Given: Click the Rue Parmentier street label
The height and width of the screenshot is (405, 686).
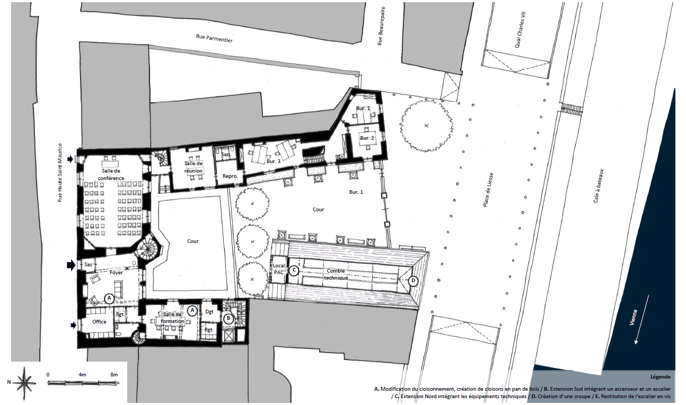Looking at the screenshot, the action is coord(214,38).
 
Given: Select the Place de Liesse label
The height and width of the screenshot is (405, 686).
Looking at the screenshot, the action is coord(488,190).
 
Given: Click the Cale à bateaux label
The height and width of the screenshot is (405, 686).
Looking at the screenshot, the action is coord(598,186).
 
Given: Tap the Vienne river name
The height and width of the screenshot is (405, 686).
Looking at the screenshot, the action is coord(634,317).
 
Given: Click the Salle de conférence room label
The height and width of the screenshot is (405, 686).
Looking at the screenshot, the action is coord(111,174).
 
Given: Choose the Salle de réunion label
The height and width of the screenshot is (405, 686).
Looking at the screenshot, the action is coord(194,167).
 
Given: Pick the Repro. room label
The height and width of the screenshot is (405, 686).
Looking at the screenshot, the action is coord(230,176).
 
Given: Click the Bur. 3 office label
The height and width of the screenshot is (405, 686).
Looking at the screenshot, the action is coord(274,161).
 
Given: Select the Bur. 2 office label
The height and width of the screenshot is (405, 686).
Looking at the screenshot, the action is coord(367,138).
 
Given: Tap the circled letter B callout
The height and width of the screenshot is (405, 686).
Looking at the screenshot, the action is coord(228,319).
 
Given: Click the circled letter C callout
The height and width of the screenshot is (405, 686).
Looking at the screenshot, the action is coord(294,271).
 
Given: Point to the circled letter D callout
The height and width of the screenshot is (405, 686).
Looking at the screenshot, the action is coord(413,281).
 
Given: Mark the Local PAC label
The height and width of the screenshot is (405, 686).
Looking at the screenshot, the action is coord(279,269).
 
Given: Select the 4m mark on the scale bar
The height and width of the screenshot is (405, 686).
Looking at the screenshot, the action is coord(82,375).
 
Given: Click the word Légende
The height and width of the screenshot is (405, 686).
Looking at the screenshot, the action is coord(661,377).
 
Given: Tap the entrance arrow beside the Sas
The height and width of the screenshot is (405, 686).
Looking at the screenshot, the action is coord(71,265).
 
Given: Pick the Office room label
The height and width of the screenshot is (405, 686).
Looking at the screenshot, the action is coord(99,321).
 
